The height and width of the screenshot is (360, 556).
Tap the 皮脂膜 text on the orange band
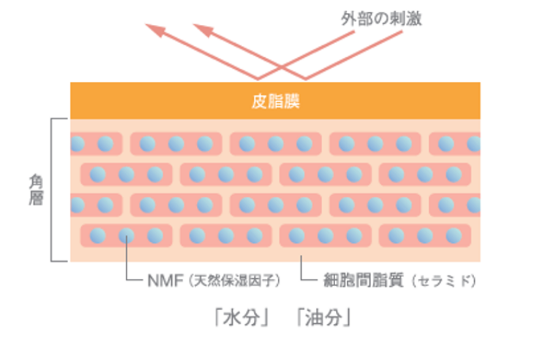[x=275, y=101]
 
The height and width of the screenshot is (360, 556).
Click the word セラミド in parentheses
[x=444, y=280]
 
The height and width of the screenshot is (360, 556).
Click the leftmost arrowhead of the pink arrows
[x=155, y=29]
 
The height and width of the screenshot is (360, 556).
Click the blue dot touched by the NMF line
[x=126, y=236]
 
